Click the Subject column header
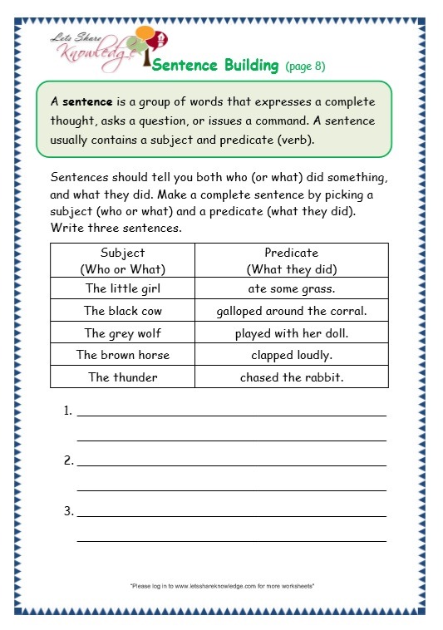(122, 260)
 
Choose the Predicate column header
(291, 260)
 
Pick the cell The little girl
(122, 289)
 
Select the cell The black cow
(122, 311)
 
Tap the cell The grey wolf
(122, 332)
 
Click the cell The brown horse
(122, 355)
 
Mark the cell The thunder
(122, 377)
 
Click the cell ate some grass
(291, 289)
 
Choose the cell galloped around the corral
(291, 311)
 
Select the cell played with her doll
(291, 332)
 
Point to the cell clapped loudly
(291, 355)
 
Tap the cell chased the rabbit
(291, 377)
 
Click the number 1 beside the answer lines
(66, 411)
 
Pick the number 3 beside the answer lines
(66, 510)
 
